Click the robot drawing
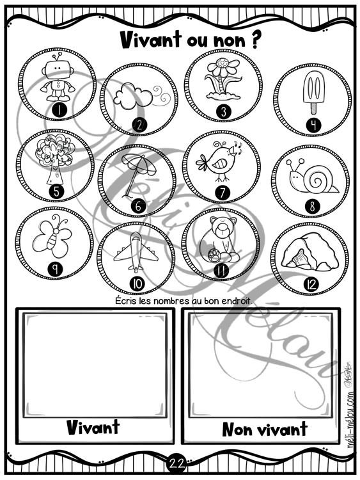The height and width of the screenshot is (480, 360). point(58,77)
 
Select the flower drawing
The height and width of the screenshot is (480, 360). point(223,79)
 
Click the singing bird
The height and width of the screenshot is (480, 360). point(219,160)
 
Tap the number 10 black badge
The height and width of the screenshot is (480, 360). point(137,284)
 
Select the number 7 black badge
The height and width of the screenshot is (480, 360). point(223,193)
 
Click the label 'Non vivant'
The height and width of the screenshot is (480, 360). point(265,429)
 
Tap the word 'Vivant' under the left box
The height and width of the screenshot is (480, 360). point(93,427)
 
